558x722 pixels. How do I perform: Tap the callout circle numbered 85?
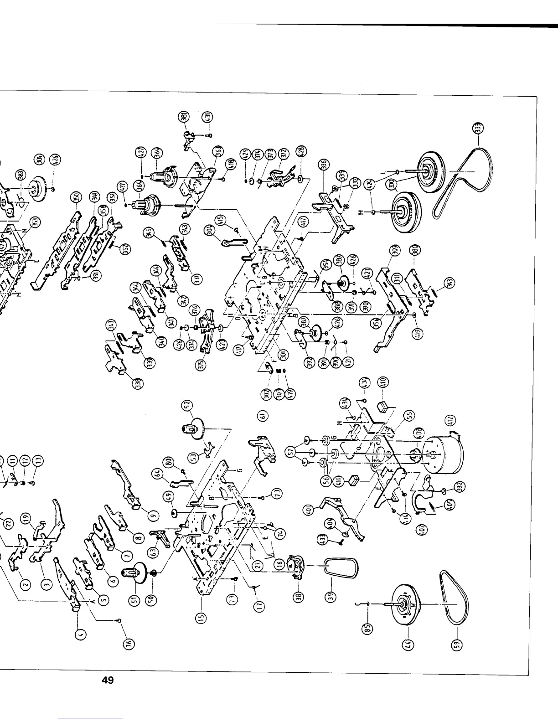pos(370,629)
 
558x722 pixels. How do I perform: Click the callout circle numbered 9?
pos(154,514)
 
